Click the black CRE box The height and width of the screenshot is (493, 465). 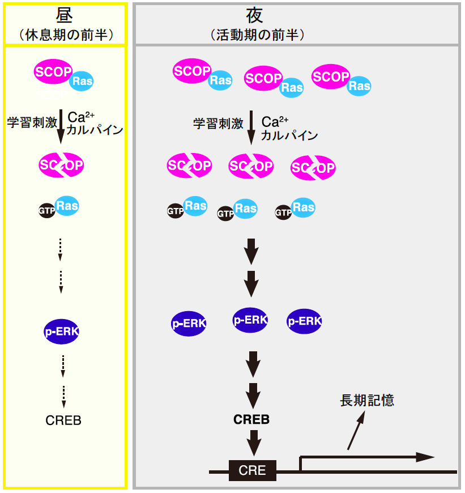[x=252, y=470]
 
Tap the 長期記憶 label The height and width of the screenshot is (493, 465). [x=367, y=400]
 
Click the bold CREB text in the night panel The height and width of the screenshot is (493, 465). [x=251, y=419]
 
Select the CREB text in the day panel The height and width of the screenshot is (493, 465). [x=63, y=420]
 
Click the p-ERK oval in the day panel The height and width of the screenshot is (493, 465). [x=61, y=331]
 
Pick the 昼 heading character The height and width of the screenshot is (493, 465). [x=64, y=15]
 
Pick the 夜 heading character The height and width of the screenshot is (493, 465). [x=254, y=15]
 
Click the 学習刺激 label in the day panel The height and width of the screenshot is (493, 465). [x=32, y=122]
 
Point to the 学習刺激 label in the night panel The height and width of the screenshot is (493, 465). [x=219, y=124]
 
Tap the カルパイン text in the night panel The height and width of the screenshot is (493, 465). [x=289, y=135]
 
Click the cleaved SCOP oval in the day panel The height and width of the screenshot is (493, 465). [x=61, y=165]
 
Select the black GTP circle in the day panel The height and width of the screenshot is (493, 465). [x=47, y=210]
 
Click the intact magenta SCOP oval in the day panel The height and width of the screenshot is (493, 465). [x=53, y=71]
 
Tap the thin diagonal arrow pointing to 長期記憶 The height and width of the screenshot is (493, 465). [x=356, y=430]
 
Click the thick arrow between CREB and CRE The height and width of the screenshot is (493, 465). [x=254, y=443]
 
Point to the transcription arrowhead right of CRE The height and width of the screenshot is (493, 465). [x=425, y=457]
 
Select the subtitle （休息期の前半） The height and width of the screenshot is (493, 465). [x=66, y=35]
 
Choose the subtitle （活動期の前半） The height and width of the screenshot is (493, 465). [x=257, y=35]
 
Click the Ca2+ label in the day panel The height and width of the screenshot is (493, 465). [x=81, y=117]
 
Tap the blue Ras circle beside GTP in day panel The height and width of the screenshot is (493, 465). [x=67, y=206]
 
